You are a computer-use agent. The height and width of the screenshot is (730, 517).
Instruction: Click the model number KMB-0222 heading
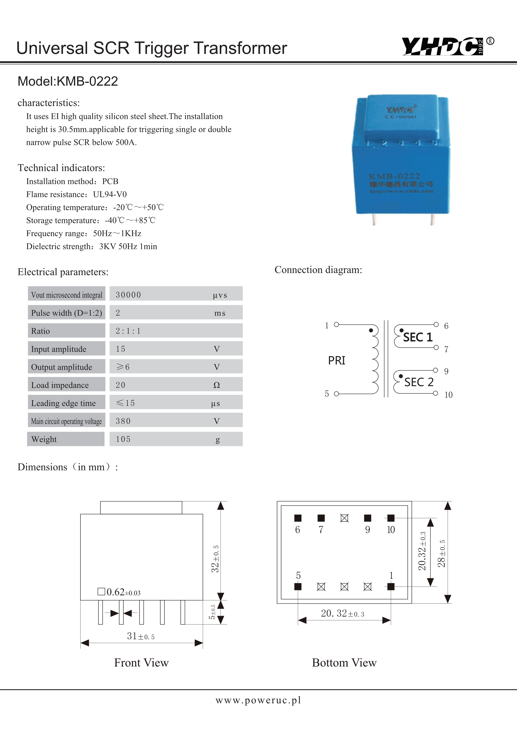tap(68, 81)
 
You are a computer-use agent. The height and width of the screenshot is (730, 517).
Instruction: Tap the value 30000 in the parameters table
tap(128, 295)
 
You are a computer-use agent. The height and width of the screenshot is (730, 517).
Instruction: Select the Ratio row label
tap(40, 331)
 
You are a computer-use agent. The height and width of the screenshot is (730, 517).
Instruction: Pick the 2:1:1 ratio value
tap(128, 331)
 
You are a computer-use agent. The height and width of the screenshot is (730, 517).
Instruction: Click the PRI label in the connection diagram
tap(336, 361)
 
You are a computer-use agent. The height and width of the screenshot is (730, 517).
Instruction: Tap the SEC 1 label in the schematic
tap(418, 337)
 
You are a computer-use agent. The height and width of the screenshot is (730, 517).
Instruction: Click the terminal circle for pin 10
tap(435, 393)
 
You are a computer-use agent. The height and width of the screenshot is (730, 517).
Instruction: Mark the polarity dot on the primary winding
tap(371, 330)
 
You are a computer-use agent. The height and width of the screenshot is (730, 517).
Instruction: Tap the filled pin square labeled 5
tap(298, 587)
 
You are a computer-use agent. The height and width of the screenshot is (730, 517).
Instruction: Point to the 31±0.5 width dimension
tap(141, 636)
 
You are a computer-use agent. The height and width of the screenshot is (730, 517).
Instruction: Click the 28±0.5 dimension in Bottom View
tap(442, 553)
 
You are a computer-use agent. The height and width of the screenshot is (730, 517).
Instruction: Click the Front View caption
tap(141, 663)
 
